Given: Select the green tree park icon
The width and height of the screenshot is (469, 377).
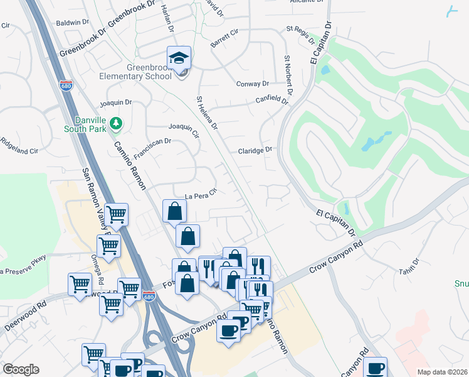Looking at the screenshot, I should (115, 124).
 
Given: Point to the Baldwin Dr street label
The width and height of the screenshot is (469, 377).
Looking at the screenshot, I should (72, 22).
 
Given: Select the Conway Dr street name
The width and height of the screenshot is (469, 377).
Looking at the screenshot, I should (252, 84).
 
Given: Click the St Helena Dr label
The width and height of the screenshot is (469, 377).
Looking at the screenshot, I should (207, 114).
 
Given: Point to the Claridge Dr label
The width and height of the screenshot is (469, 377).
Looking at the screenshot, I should (255, 150).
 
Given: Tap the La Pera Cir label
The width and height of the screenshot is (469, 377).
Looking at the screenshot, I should (200, 194).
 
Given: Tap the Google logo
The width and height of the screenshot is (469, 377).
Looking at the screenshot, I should (21, 369).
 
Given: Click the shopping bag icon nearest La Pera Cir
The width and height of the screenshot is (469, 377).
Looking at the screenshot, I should (174, 211).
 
